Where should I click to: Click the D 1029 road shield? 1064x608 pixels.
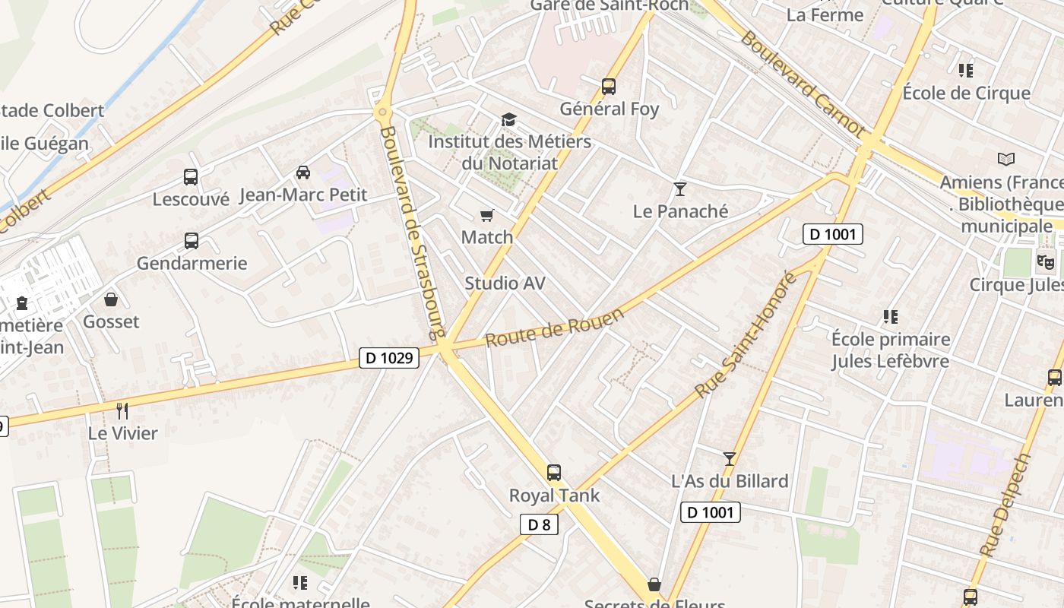pos(389,357)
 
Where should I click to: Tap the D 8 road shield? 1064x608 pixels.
pos(539,524)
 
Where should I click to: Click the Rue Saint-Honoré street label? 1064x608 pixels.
pos(746,334)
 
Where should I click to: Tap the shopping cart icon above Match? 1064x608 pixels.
pos(487,216)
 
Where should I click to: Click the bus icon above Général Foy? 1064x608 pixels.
pos(609,87)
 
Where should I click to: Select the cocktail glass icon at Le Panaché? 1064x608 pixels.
pos(680,189)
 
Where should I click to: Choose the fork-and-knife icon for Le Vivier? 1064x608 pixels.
pos(122,411)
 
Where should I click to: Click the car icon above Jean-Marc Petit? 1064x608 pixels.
pos(303,173)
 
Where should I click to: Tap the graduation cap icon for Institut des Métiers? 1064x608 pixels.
pos(508,120)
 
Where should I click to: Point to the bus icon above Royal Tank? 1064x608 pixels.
pos(554,473)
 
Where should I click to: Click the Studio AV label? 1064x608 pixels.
pos(505,283)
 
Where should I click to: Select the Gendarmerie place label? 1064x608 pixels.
pos(192,264)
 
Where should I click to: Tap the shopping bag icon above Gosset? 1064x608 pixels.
pos(111,299)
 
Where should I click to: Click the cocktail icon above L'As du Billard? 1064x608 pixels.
pos(730,458)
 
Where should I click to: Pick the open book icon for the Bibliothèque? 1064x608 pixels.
pos(1006,160)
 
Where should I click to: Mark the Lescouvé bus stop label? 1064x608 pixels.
pos(191,199)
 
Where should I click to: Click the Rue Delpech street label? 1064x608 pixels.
pos(1005,505)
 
